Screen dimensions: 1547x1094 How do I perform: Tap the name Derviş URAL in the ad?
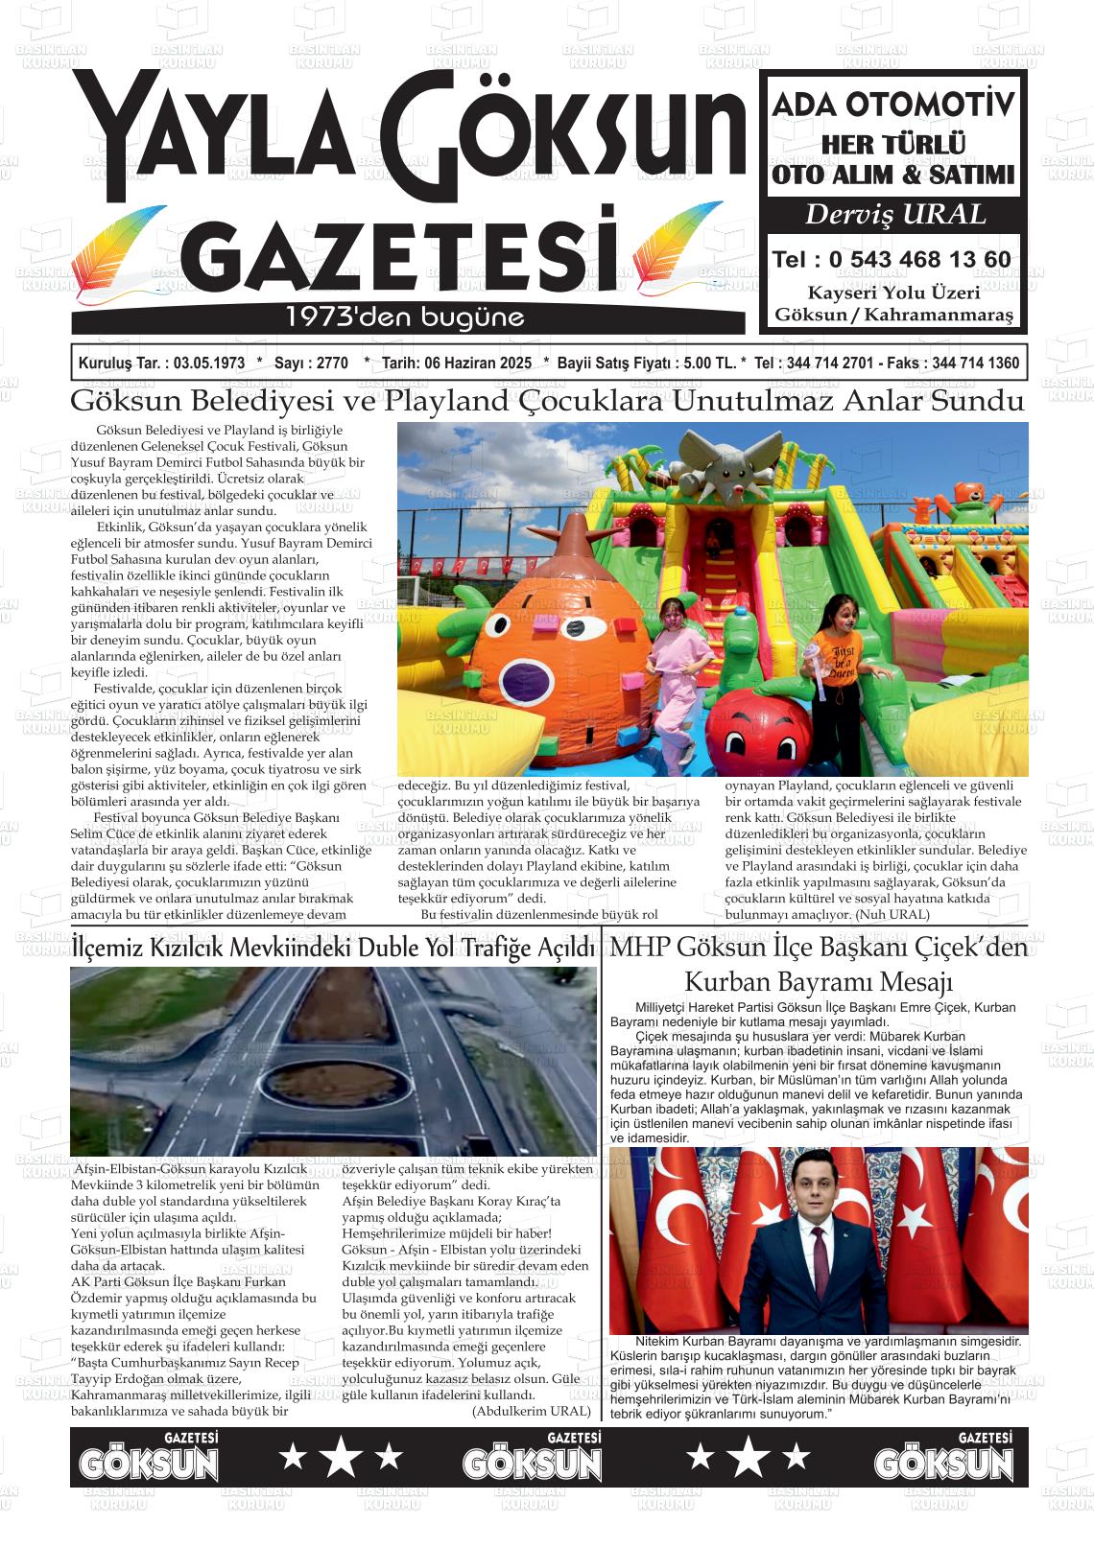point(894,214)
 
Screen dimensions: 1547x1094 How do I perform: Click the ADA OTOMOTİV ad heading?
point(892,105)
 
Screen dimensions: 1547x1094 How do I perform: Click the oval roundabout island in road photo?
point(337,1087)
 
